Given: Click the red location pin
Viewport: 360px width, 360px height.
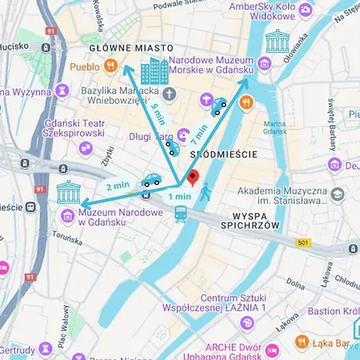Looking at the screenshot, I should (192, 178).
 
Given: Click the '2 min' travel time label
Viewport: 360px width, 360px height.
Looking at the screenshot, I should (117, 186).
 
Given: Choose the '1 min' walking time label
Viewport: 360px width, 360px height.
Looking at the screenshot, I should (179, 196).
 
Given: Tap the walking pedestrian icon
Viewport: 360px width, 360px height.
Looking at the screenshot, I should (206, 192).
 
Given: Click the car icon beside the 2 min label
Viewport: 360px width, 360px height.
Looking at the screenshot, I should (150, 182).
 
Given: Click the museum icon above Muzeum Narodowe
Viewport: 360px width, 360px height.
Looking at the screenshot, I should (68, 194).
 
